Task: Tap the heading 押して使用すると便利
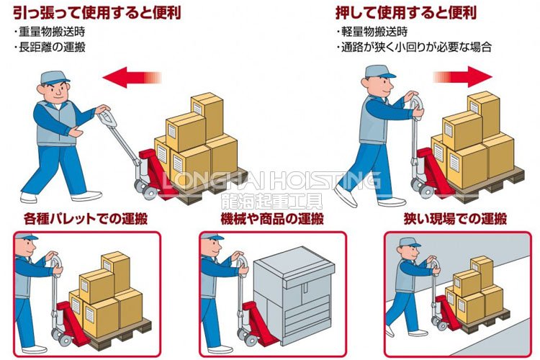[406, 13]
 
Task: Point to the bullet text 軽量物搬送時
[374, 32]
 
